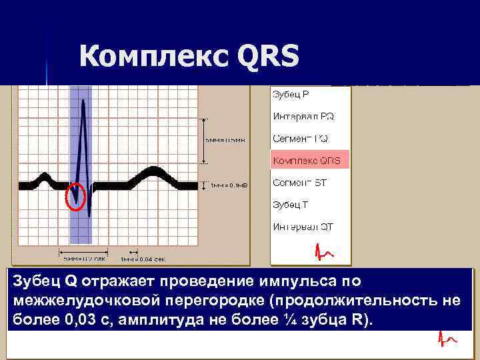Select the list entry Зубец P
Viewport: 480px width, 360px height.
click(x=290, y=94)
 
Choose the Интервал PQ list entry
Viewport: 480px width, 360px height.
click(x=303, y=116)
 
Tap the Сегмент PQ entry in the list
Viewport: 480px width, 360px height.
click(x=300, y=139)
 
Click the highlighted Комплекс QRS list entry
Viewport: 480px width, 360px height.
click(x=307, y=161)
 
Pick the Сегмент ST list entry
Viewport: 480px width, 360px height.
click(x=299, y=183)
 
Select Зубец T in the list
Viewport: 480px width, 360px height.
click(x=290, y=205)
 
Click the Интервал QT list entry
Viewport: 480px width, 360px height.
click(x=303, y=227)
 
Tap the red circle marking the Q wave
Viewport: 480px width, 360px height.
click(x=77, y=196)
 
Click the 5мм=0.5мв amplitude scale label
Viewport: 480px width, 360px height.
click(x=226, y=141)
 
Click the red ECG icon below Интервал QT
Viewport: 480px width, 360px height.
click(x=325, y=252)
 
